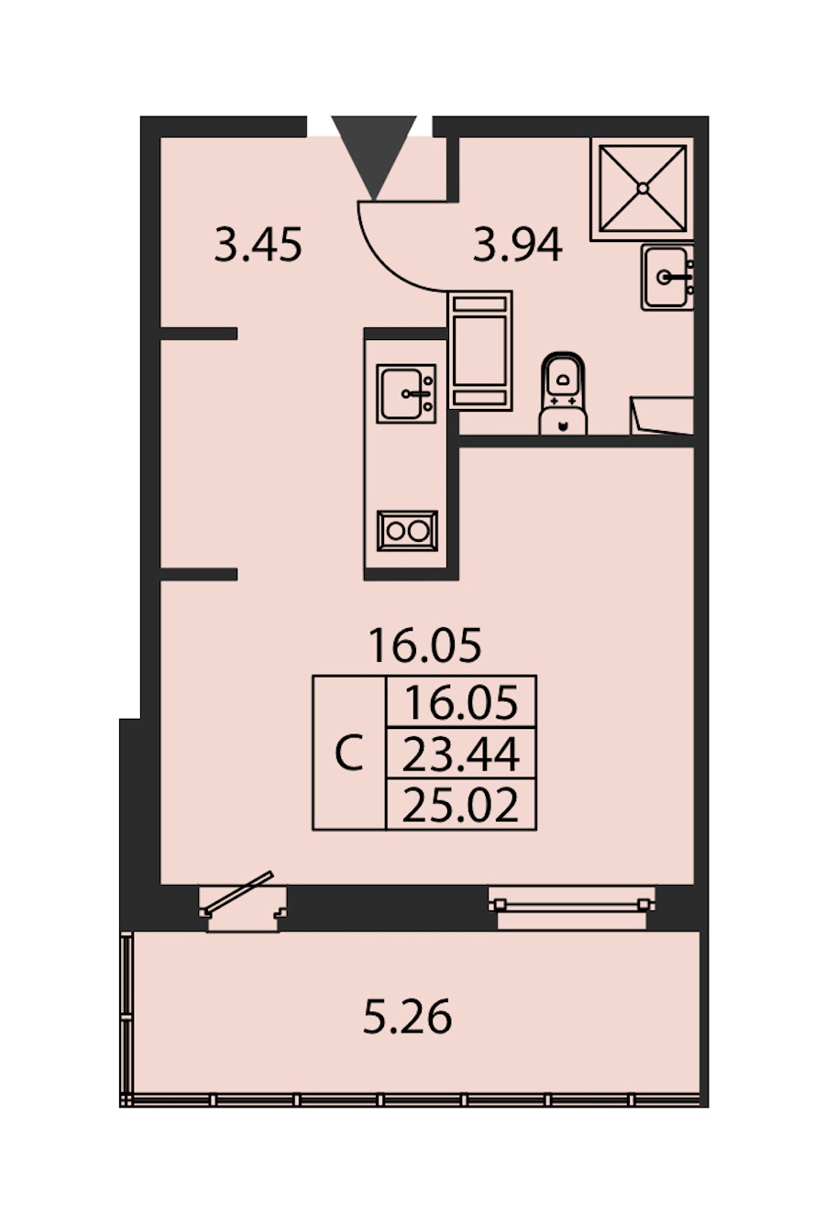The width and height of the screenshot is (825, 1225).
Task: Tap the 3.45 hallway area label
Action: click(258, 246)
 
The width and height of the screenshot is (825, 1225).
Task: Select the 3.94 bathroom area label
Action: click(517, 246)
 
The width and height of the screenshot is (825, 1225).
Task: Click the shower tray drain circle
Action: click(643, 188)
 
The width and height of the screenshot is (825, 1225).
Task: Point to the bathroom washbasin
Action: click(667, 277)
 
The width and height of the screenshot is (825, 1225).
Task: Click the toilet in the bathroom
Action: click(563, 393)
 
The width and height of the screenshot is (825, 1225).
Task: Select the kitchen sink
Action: click(406, 393)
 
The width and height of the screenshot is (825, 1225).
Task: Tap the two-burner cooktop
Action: click(407, 531)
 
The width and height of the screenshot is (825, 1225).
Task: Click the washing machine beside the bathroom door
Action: click(480, 350)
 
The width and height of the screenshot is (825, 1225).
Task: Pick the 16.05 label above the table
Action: click(425, 646)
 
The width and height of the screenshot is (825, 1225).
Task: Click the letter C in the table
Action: click(349, 754)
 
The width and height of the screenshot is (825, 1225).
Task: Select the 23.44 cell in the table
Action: click(461, 754)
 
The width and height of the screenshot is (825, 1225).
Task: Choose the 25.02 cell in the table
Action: click(461, 804)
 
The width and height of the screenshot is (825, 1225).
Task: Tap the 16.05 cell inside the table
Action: click(461, 702)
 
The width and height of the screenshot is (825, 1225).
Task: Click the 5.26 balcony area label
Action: click(408, 1017)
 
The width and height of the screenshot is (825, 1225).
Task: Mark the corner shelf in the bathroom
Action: click(662, 415)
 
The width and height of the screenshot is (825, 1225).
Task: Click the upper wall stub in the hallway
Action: click(199, 334)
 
